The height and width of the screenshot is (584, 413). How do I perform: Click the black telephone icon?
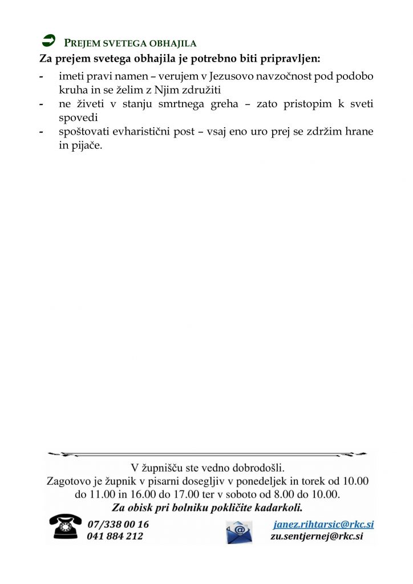click(x=64, y=526)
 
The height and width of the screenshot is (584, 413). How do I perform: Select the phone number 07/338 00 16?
click(x=118, y=524)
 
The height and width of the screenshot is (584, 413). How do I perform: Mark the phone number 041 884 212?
click(x=115, y=536)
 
